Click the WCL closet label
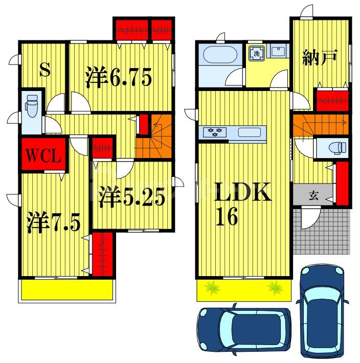(x=43, y=155)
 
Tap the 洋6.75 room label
(x=118, y=78)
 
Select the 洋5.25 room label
(x=132, y=197)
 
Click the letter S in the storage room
(x=45, y=70)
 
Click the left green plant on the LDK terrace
(x=211, y=288)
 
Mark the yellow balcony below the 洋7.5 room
(x=66, y=290)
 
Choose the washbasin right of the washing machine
(x=278, y=52)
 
